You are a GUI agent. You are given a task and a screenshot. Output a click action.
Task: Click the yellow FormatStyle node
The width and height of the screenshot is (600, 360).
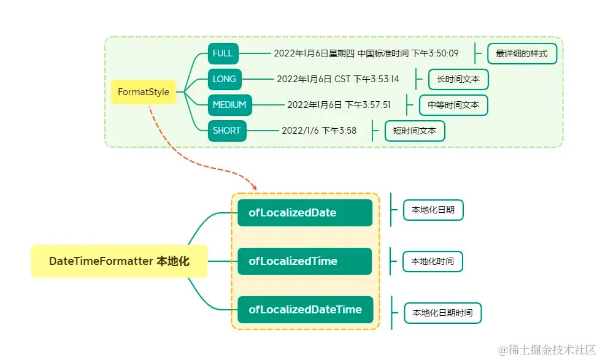point(144,92)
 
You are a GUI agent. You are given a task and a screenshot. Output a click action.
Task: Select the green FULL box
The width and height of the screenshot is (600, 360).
point(223,53)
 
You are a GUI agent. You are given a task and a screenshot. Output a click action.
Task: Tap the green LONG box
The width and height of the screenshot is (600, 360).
point(225,79)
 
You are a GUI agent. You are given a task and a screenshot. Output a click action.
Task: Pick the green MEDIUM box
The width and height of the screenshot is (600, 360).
point(229,105)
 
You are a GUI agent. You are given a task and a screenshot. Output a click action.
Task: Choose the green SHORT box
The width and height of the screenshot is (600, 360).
point(227,131)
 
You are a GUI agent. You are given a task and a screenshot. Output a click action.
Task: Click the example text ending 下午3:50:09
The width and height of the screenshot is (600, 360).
point(366,53)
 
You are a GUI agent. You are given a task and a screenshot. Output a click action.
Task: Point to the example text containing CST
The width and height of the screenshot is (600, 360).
point(337,79)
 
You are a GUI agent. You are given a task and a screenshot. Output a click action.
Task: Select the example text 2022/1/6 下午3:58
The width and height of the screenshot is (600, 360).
point(319,131)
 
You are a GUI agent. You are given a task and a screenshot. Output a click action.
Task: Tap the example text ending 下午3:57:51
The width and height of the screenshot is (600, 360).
point(339,105)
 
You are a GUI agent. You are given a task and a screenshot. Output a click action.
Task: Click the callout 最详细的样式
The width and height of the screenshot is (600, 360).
point(522,53)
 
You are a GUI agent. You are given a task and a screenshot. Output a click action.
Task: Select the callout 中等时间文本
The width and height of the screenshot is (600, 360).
point(453,105)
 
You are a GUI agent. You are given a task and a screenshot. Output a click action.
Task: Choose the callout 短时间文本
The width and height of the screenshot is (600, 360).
point(415,131)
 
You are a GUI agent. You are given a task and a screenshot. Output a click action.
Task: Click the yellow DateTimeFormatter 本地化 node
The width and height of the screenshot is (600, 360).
point(119,261)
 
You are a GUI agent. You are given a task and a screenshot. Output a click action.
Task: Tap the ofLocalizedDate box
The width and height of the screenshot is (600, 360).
point(305,213)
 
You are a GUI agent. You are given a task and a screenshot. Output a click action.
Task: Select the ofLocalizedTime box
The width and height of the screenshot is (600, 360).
point(305,261)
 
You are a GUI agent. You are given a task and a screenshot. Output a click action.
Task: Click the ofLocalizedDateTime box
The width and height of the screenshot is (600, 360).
point(305,310)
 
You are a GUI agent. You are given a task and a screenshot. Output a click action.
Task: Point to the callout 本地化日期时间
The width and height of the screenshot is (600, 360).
point(442,313)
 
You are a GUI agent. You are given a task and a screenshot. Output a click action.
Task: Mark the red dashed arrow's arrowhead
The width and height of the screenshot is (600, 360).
point(253,187)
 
